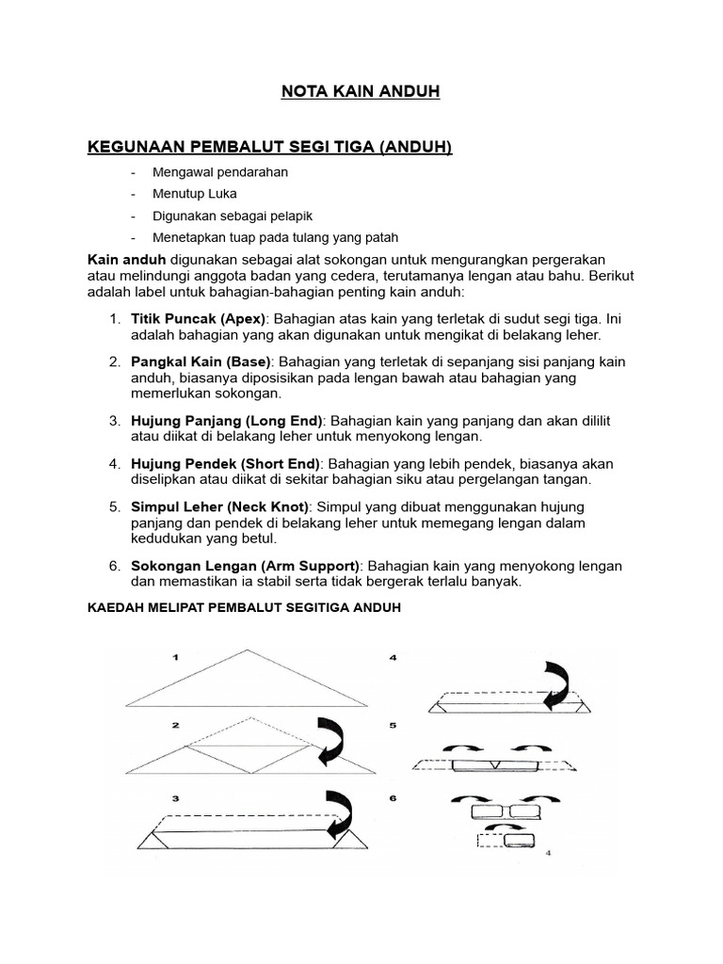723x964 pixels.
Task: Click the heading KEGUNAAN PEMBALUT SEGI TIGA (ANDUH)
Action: coord(270,147)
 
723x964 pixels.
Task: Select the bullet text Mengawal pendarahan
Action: coord(220,172)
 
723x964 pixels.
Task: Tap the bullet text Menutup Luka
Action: coord(196,194)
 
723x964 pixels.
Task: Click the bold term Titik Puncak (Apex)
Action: coord(200,318)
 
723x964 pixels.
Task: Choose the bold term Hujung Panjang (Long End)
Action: coord(227,421)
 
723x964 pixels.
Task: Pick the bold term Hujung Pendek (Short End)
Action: coord(226,464)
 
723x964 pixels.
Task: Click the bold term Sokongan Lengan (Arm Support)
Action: coord(245,566)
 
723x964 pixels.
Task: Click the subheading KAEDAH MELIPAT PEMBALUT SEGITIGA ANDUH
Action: coord(244,608)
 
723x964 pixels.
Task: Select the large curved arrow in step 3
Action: coord(340,812)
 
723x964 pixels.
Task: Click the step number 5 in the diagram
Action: coord(394,726)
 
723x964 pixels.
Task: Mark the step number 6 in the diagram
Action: coord(394,797)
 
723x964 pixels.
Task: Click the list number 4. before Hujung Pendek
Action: coord(114,464)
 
